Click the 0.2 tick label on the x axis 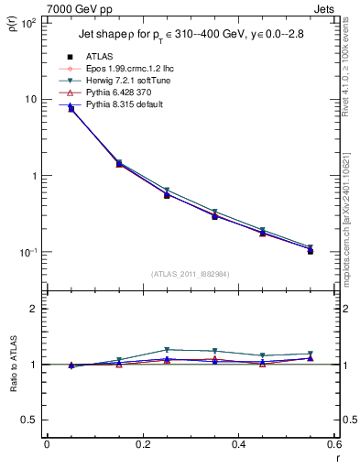point(143,445)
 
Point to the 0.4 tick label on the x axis point(239,445)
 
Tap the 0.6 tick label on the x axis point(334,445)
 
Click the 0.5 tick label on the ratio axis point(30,420)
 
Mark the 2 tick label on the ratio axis point(36,309)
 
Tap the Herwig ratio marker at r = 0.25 point(167,350)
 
